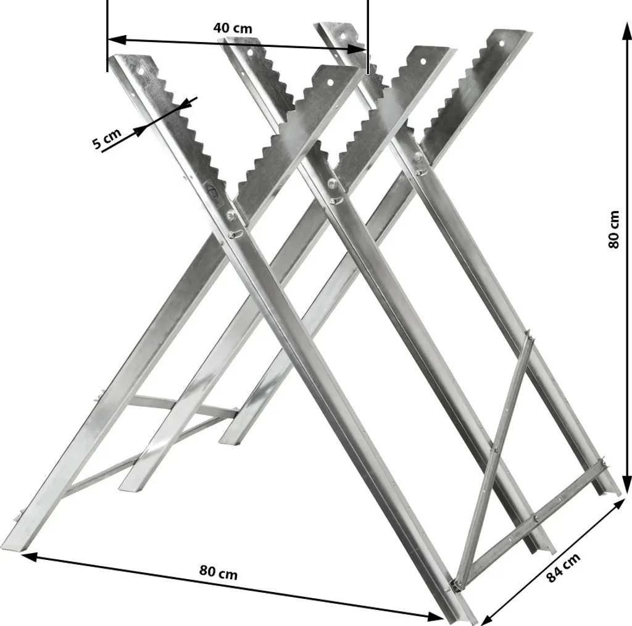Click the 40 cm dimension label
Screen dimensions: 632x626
(233, 28)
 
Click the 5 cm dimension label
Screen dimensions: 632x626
(107, 138)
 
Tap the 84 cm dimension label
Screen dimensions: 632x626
(563, 567)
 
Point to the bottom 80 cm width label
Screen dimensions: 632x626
(218, 572)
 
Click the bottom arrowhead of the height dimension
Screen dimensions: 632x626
(626, 483)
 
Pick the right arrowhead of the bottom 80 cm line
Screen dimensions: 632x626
(434, 616)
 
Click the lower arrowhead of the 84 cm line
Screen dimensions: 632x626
(489, 617)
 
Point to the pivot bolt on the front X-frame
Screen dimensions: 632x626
(230, 216)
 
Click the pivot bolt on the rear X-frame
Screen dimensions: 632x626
(418, 156)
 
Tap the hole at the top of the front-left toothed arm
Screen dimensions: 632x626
(141, 71)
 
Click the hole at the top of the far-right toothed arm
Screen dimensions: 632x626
(502, 43)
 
